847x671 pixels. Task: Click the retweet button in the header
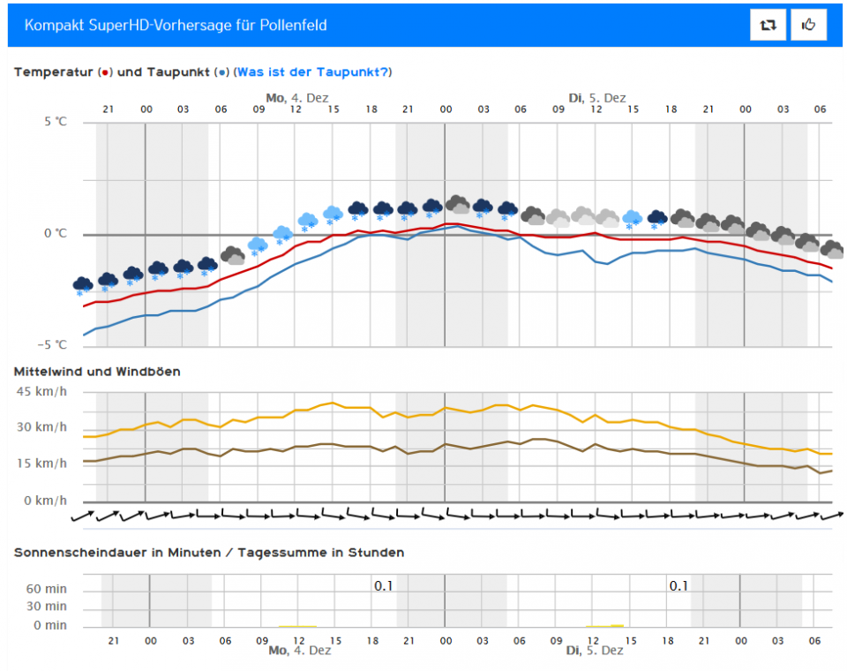pyautogui.click(x=768, y=26)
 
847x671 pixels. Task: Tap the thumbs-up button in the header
pyautogui.click(x=809, y=26)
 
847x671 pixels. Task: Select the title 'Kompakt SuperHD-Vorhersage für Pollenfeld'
pyautogui.click(x=176, y=25)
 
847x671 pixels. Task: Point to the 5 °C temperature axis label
pyautogui.click(x=56, y=122)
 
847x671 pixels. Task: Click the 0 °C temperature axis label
pyautogui.click(x=56, y=234)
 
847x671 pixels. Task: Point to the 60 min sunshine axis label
pyautogui.click(x=47, y=589)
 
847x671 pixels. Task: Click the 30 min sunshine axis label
pyautogui.click(x=47, y=607)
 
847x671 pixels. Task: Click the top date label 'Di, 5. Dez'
pyautogui.click(x=597, y=98)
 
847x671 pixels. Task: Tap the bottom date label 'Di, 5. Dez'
pyautogui.click(x=595, y=650)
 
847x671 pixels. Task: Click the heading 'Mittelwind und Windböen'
pyautogui.click(x=97, y=372)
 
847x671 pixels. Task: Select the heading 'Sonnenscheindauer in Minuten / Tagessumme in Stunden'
pyautogui.click(x=209, y=553)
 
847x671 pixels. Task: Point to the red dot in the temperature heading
pyautogui.click(x=105, y=72)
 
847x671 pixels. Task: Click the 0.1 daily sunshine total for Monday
pyautogui.click(x=383, y=585)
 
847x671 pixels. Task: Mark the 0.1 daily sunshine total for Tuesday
pyautogui.click(x=678, y=585)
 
